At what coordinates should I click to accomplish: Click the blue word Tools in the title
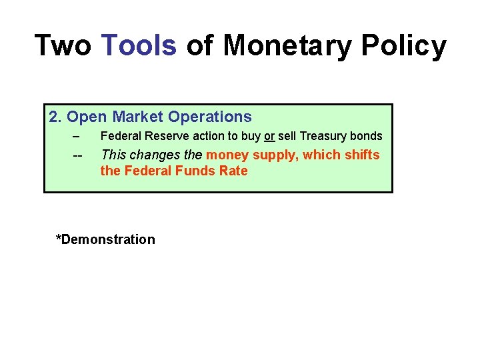(x=139, y=45)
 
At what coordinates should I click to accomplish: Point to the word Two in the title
(x=62, y=45)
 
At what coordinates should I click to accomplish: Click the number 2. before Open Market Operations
(x=55, y=117)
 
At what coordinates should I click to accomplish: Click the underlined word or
(x=269, y=136)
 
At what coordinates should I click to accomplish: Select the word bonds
(x=367, y=136)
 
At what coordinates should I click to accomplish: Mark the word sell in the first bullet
(x=287, y=136)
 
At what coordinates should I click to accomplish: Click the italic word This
(x=113, y=155)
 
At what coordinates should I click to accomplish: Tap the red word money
(x=227, y=155)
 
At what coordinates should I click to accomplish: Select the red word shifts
(x=361, y=155)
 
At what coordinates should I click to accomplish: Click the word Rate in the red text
(x=234, y=171)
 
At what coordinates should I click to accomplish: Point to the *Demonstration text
(x=105, y=239)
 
